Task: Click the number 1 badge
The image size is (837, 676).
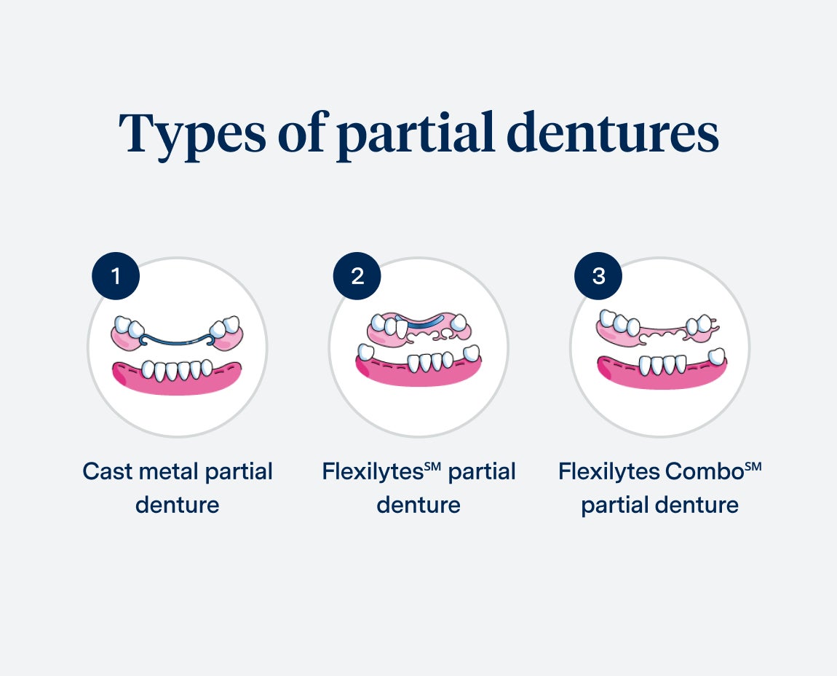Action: coord(115,277)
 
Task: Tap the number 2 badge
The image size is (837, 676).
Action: coord(357,277)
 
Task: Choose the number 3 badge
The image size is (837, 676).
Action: coord(598,277)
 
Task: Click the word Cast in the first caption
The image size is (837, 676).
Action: coord(106,471)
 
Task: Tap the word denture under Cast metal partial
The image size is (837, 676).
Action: coord(177,505)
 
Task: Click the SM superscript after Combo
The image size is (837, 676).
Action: coord(753,465)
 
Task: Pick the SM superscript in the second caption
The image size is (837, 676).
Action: coord(434,465)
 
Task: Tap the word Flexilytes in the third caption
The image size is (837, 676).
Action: coord(609,471)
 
